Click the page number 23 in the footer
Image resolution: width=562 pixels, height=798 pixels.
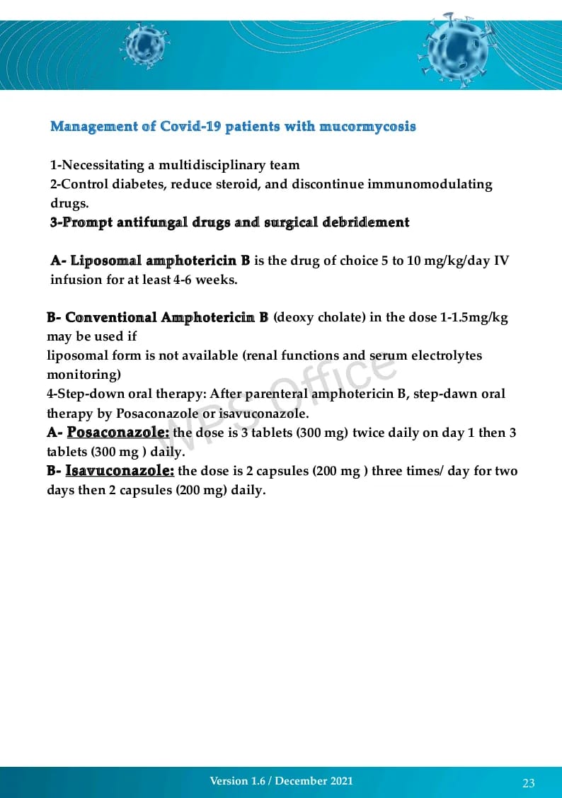[529, 782]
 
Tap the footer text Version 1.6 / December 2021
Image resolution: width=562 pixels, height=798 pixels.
[281, 781]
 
